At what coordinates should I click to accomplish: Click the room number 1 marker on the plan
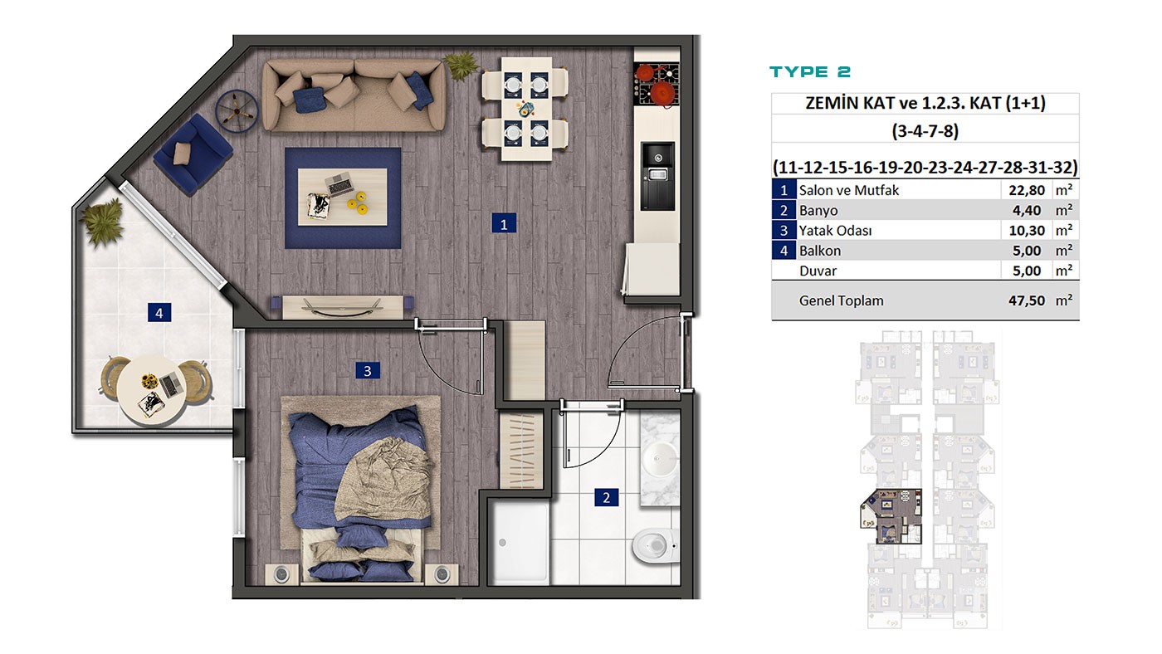503,224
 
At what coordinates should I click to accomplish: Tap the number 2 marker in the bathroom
606,498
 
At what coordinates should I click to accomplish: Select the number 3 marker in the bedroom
367,370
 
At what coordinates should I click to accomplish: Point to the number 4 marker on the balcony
159,313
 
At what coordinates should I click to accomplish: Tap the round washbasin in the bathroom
659,458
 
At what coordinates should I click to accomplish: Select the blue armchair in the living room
193,154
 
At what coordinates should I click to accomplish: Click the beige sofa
354,95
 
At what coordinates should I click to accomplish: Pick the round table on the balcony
151,389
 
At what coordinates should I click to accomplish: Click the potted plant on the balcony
103,223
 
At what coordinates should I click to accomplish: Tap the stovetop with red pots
657,85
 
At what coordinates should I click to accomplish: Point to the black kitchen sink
657,175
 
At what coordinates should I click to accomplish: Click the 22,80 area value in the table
1026,190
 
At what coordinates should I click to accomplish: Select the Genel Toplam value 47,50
1026,300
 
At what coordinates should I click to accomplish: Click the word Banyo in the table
818,211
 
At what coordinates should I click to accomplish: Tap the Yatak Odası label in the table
835,231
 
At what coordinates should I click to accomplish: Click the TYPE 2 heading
810,72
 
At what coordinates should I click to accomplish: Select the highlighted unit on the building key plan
891,516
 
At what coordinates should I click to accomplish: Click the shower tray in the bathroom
519,541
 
